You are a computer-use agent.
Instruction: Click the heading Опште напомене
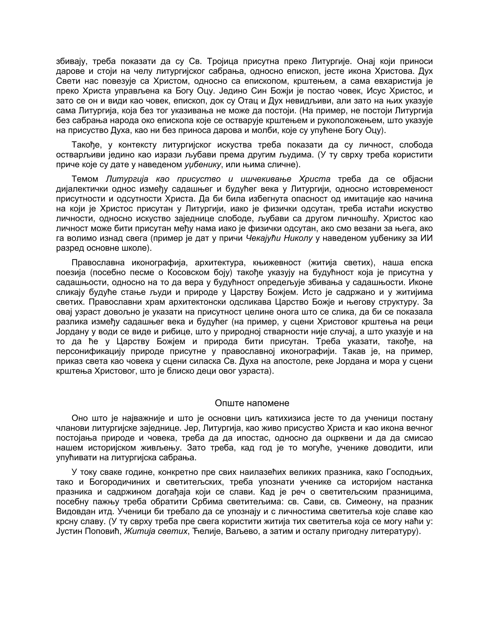[252, 403]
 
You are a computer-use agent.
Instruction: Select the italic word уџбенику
[202, 164]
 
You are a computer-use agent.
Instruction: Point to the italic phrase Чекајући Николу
[279, 238]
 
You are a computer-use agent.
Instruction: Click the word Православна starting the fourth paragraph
[98, 262]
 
